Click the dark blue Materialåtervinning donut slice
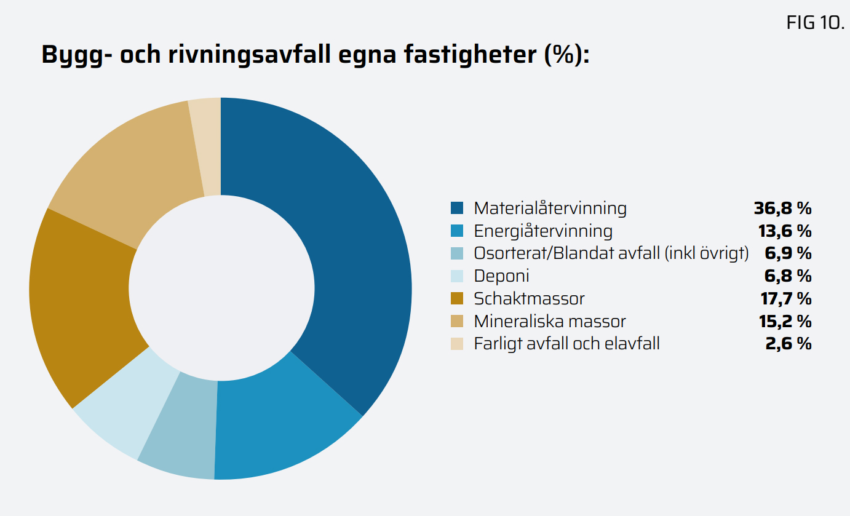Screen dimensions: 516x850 tap(344, 246)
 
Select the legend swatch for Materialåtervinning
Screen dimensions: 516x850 tap(456, 208)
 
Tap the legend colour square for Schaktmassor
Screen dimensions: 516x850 tap(456, 299)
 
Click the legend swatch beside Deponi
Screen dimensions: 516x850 tap(456, 276)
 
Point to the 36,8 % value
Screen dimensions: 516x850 tap(782, 208)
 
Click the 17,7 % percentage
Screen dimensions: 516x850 tap(784, 299)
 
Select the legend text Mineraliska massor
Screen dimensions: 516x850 tap(550, 321)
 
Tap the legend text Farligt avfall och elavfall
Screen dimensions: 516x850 tap(566, 343)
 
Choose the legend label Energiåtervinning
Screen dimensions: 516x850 tap(543, 231)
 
